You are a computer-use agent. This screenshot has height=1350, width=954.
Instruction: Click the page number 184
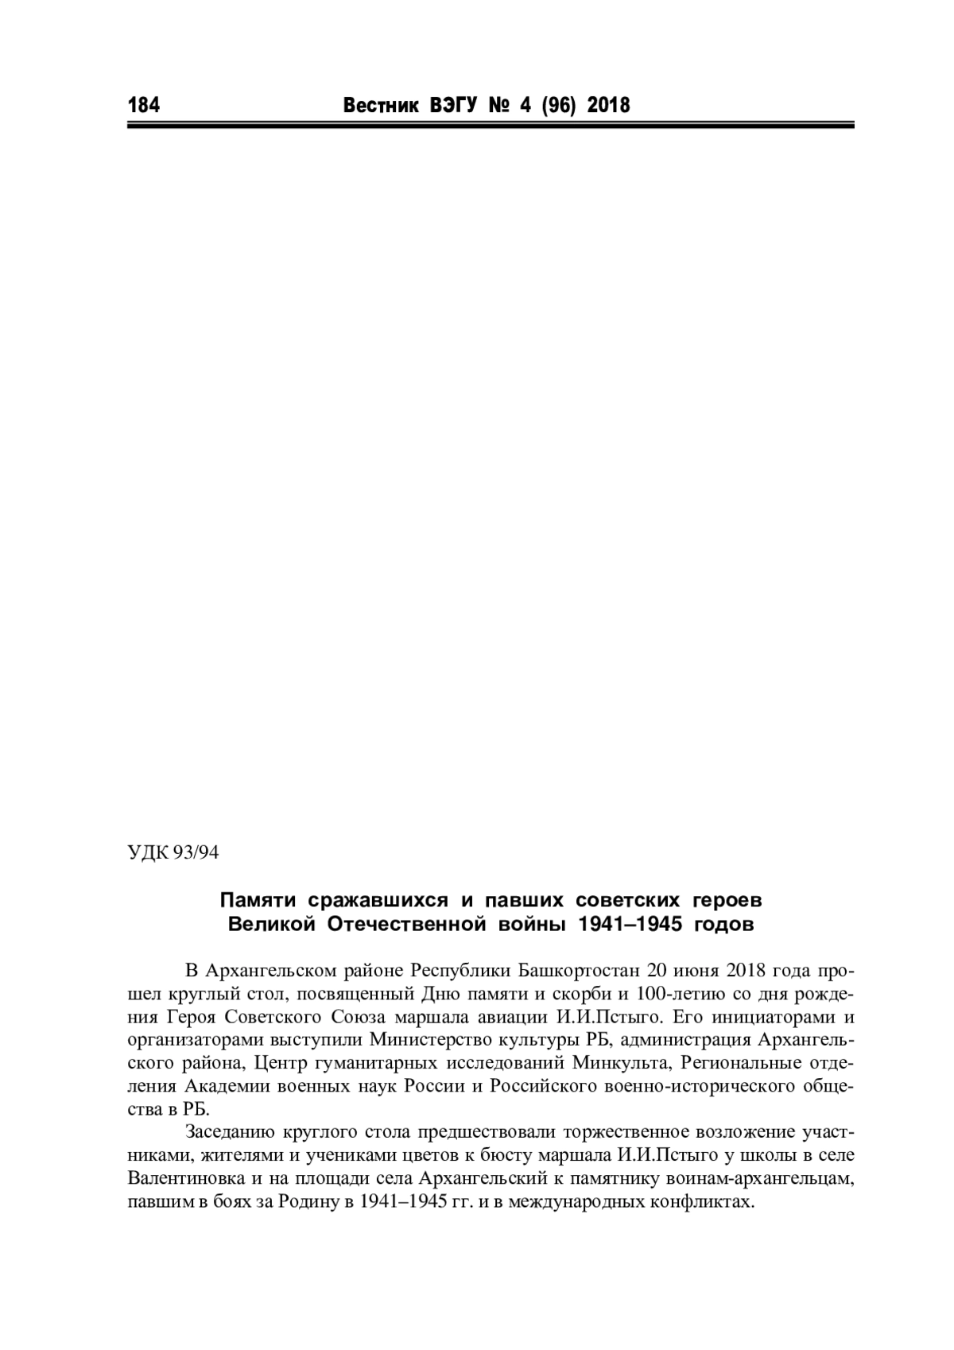click(143, 105)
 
